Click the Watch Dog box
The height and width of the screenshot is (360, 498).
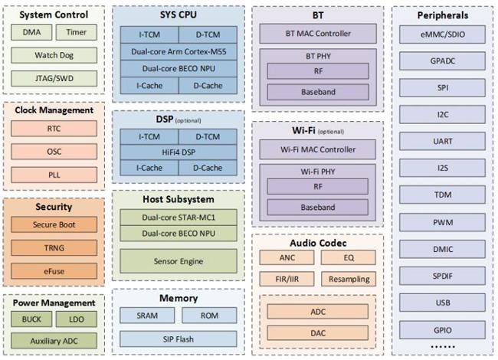tap(54, 55)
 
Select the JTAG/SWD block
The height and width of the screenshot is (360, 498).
tap(54, 78)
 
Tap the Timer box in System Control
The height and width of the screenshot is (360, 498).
tap(76, 32)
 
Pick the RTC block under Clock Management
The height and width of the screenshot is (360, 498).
tap(54, 129)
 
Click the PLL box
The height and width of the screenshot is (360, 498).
tap(54, 175)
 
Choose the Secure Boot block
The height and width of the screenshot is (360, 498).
tap(54, 224)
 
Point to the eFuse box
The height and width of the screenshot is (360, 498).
tap(54, 271)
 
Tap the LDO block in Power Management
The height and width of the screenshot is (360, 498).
tap(76, 319)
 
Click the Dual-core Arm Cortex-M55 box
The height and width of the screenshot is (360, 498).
tap(179, 51)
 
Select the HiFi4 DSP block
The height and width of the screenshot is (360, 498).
tap(179, 152)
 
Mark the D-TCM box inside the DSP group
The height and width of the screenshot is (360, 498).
tap(208, 137)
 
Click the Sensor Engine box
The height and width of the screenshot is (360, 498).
tap(179, 261)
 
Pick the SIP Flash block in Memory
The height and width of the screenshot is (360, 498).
tap(179, 339)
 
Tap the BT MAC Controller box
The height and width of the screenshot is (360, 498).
tap(318, 34)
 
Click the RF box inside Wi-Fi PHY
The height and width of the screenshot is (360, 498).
tap(318, 186)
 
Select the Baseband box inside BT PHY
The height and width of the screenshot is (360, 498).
tap(318, 92)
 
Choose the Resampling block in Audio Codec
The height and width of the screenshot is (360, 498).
tap(349, 279)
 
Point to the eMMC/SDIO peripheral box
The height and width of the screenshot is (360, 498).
tap(442, 34)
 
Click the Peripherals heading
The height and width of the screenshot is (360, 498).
tap(443, 15)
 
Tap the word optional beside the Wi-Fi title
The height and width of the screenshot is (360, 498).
tap(331, 132)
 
